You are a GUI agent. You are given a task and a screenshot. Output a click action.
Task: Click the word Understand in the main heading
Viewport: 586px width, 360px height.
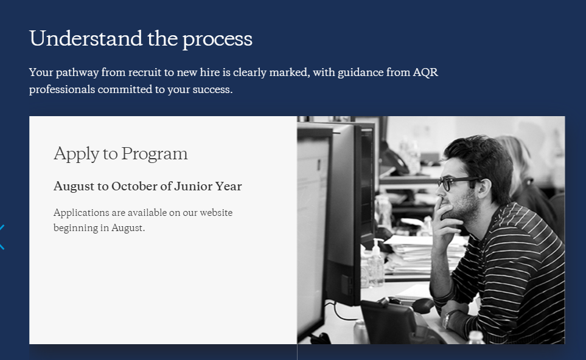coord(86,38)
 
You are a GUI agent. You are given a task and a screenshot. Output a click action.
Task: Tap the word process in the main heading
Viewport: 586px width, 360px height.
coord(217,40)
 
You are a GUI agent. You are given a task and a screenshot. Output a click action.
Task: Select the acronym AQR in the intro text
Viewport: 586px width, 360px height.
coord(425,72)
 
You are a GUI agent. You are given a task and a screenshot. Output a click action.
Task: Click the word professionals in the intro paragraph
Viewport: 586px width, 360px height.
coord(61,89)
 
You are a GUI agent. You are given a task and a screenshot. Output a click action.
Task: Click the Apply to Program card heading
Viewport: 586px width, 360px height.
coord(120,154)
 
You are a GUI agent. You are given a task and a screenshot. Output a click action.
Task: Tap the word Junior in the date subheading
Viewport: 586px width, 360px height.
coord(194,186)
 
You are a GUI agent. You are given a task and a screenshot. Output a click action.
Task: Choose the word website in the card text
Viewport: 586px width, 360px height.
coord(216,212)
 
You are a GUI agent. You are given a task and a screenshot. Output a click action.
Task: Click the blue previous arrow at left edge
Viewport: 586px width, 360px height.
coord(2,237)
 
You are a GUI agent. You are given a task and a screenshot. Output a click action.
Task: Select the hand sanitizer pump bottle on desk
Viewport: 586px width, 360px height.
coord(375,263)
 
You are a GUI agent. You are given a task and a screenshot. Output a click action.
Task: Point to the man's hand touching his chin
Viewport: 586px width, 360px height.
coord(447,223)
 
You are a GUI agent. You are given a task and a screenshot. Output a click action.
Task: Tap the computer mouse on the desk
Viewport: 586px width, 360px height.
coord(423,305)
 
